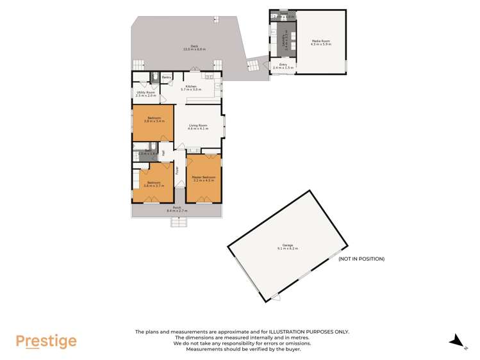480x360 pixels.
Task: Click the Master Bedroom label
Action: (x=204, y=177)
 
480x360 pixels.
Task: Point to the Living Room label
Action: (x=197, y=125)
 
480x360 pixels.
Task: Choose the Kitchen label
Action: (x=191, y=86)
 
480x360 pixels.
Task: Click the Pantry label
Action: (x=166, y=78)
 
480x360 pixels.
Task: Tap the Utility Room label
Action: (x=146, y=92)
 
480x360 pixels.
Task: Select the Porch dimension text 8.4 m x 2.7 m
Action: (x=176, y=210)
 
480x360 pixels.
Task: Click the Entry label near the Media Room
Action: (x=283, y=64)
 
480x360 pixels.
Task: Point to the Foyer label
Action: (x=178, y=170)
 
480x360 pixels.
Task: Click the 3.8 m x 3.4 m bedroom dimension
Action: (x=154, y=121)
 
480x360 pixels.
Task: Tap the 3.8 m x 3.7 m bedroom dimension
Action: (x=154, y=186)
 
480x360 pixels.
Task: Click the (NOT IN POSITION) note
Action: (x=361, y=259)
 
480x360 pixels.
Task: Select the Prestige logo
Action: (x=46, y=341)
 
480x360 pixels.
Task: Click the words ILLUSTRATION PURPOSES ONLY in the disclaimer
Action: (x=306, y=332)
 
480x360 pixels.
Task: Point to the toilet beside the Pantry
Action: (x=154, y=77)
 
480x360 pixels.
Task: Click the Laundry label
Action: (x=286, y=42)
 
